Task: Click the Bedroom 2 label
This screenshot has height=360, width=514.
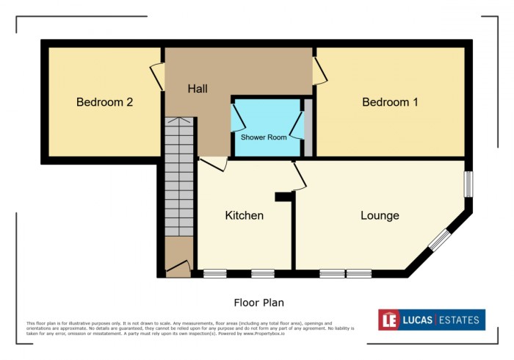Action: (x=104, y=102)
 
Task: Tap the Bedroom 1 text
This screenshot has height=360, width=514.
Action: (x=390, y=102)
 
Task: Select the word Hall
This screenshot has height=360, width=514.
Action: (x=198, y=89)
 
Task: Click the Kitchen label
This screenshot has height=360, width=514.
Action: (x=244, y=215)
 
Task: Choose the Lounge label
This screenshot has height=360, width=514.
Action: (x=380, y=215)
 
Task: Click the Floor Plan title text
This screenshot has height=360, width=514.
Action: (x=258, y=302)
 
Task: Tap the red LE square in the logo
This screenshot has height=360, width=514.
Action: (x=389, y=320)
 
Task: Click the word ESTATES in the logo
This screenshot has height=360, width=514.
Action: (x=458, y=320)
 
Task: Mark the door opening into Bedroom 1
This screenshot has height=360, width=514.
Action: (x=319, y=71)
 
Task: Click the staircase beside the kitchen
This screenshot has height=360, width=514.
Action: (x=178, y=184)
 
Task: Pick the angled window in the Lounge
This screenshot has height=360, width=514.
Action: (x=439, y=240)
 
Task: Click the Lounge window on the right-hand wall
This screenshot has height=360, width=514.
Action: (x=467, y=184)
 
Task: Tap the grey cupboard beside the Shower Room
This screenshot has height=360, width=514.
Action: (x=309, y=129)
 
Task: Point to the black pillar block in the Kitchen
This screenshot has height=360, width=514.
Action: (x=283, y=197)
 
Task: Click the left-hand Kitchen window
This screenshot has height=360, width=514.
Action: (x=214, y=274)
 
